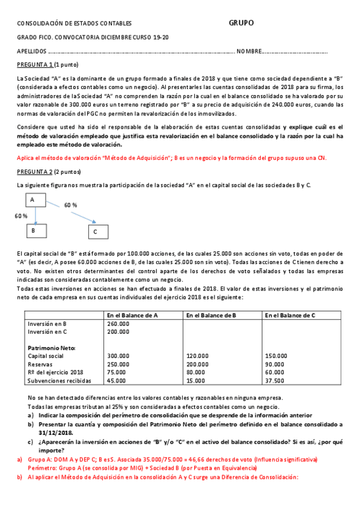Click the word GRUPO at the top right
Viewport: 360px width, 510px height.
click(x=241, y=23)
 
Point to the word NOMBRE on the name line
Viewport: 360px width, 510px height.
click(x=249, y=51)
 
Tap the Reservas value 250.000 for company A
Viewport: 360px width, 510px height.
click(x=118, y=364)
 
